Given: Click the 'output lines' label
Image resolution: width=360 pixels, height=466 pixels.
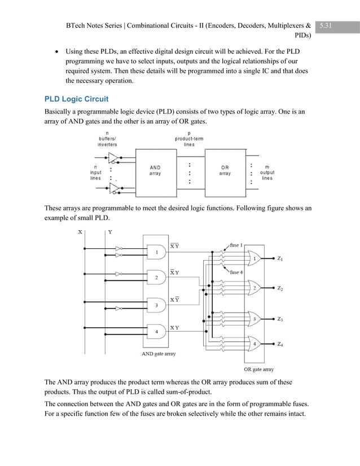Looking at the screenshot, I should tap(267, 172).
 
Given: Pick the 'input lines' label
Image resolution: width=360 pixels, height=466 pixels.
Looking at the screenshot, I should tap(96, 172).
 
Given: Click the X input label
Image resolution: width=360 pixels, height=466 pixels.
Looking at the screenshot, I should tap(80, 232).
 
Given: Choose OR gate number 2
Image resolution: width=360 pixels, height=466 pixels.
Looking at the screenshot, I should tap(254, 288).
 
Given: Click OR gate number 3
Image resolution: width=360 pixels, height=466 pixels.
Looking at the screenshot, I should tap(254, 319).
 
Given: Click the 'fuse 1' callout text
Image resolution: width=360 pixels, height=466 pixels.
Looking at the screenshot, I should tap(236, 245).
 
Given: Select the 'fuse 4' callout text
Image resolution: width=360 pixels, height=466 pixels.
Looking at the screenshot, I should tap(236, 272).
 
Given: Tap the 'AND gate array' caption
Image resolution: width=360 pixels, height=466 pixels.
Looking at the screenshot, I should tap(158, 354).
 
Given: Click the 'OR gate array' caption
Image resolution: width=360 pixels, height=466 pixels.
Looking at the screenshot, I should tap(259, 369).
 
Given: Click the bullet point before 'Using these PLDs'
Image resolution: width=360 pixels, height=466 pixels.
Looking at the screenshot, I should tap(56, 51).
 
